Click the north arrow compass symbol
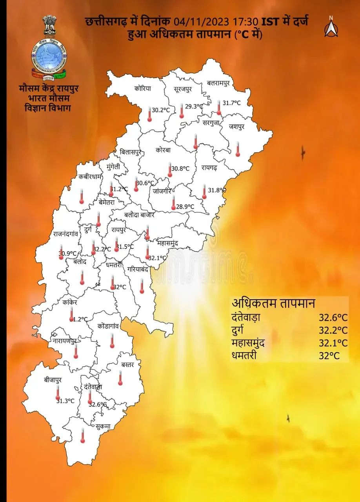(331, 27)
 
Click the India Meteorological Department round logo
(49, 55)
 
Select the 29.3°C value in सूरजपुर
(194, 106)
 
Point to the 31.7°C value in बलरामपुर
(231, 103)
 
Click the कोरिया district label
(142, 89)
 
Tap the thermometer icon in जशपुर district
(238, 149)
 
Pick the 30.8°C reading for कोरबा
(180, 169)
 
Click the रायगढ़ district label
(209, 168)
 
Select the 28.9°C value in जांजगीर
(185, 206)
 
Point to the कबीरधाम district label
(90, 176)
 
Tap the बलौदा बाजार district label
(139, 215)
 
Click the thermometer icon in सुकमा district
(83, 436)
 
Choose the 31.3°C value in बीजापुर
(65, 401)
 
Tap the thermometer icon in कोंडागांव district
(112, 341)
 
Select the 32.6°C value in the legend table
(333, 318)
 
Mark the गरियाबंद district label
(140, 269)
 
